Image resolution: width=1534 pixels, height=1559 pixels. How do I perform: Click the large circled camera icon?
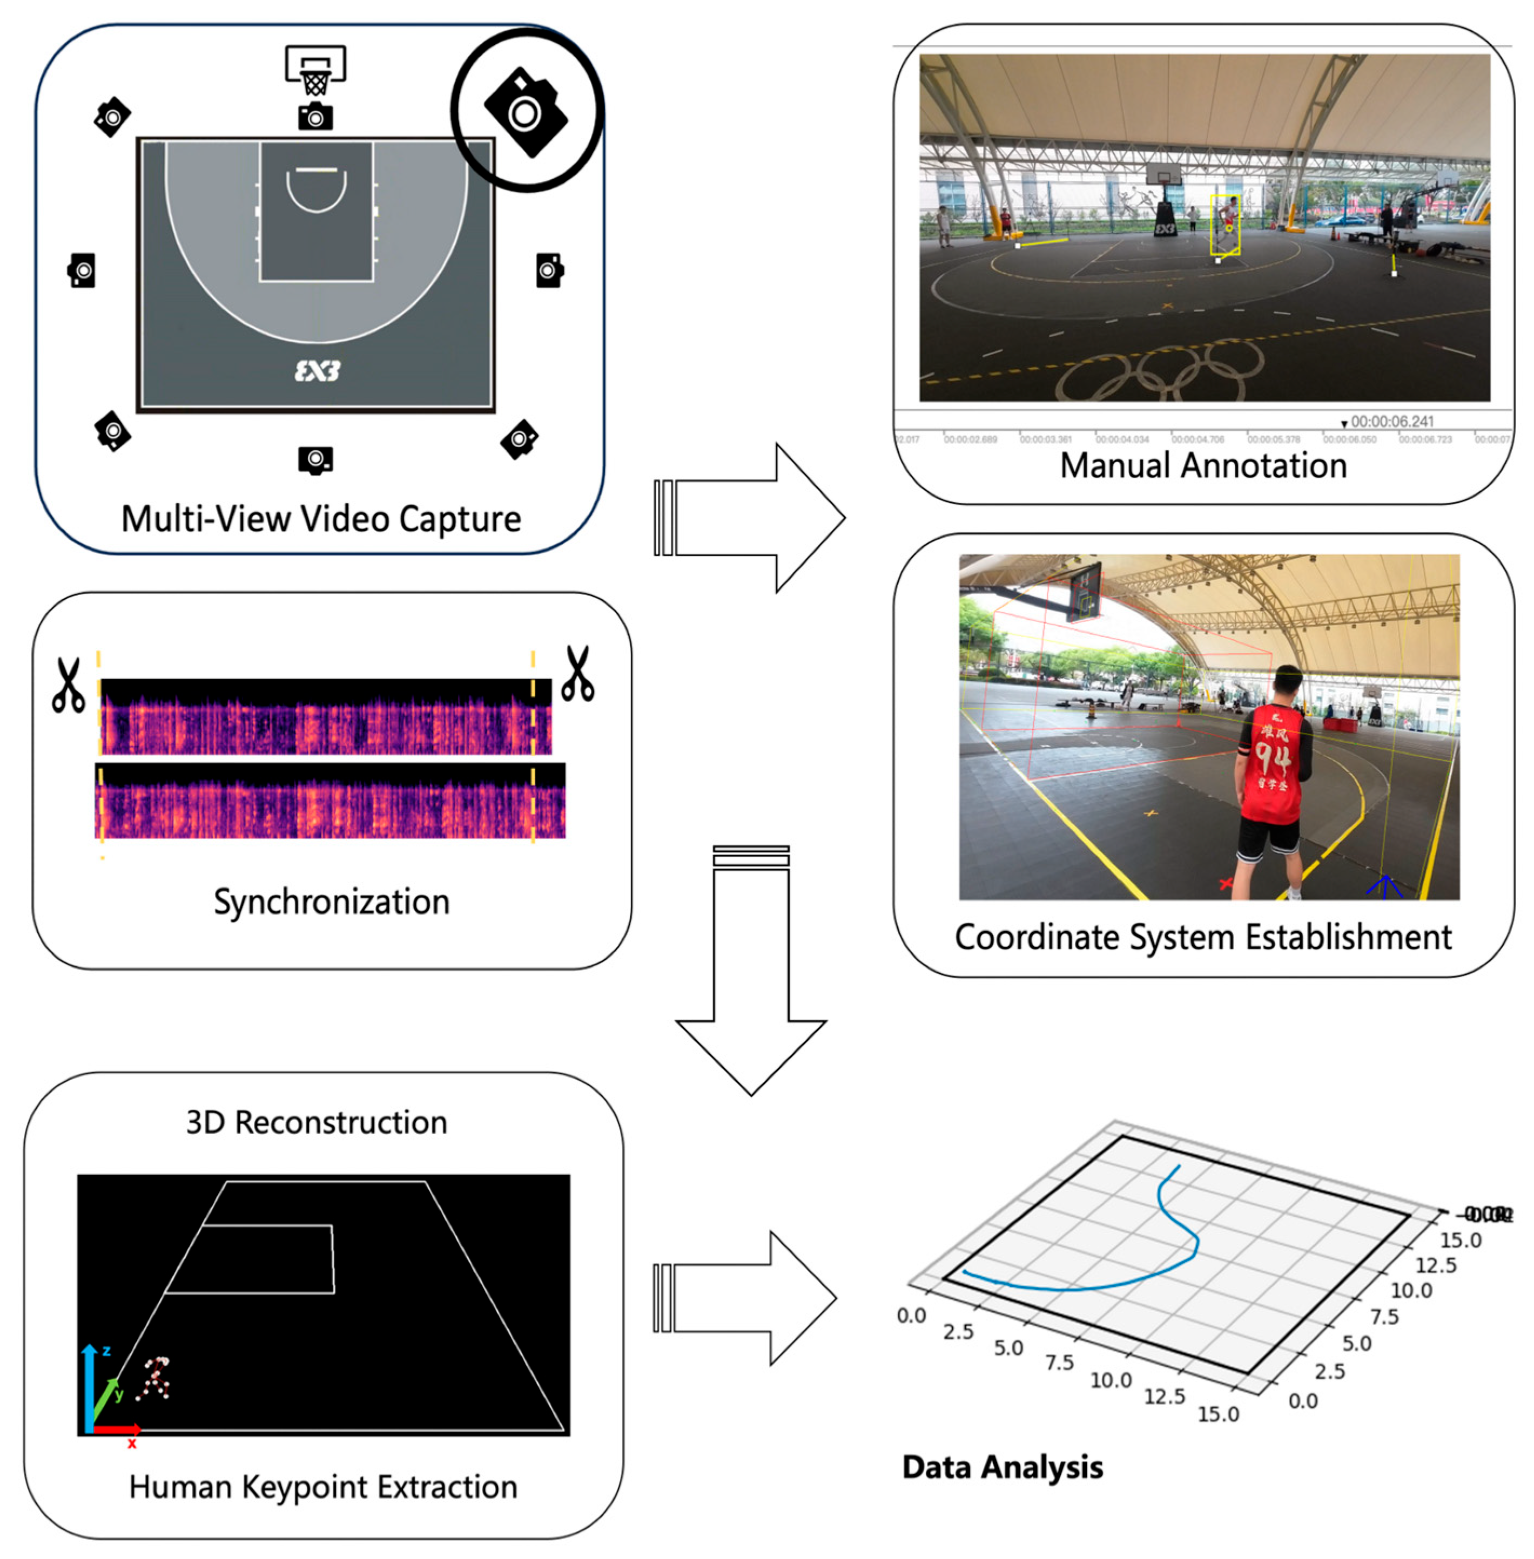pos(526,112)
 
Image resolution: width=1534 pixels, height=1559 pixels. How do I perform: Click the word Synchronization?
pos(331,902)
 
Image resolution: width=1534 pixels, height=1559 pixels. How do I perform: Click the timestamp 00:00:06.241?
pos(1391,421)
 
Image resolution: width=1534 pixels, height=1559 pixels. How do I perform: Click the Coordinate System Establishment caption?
pos(1203,937)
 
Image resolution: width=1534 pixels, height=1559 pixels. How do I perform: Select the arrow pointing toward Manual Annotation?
pos(753,518)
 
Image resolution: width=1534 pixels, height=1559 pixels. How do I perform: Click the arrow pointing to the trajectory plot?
pos(749,1298)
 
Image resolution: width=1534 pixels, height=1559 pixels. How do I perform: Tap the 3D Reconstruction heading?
pos(317,1122)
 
